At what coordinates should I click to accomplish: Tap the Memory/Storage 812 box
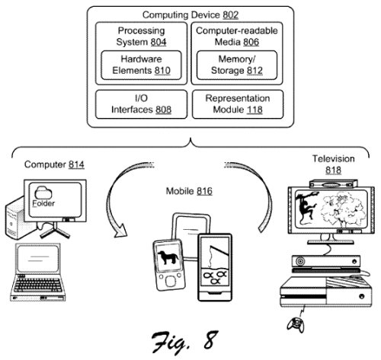pyautogui.click(x=238, y=65)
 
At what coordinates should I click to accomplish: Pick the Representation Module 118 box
pyautogui.click(x=238, y=104)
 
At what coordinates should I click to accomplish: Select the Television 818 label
pyautogui.click(x=333, y=164)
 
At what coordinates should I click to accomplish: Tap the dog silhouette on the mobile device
pyautogui.click(x=170, y=258)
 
